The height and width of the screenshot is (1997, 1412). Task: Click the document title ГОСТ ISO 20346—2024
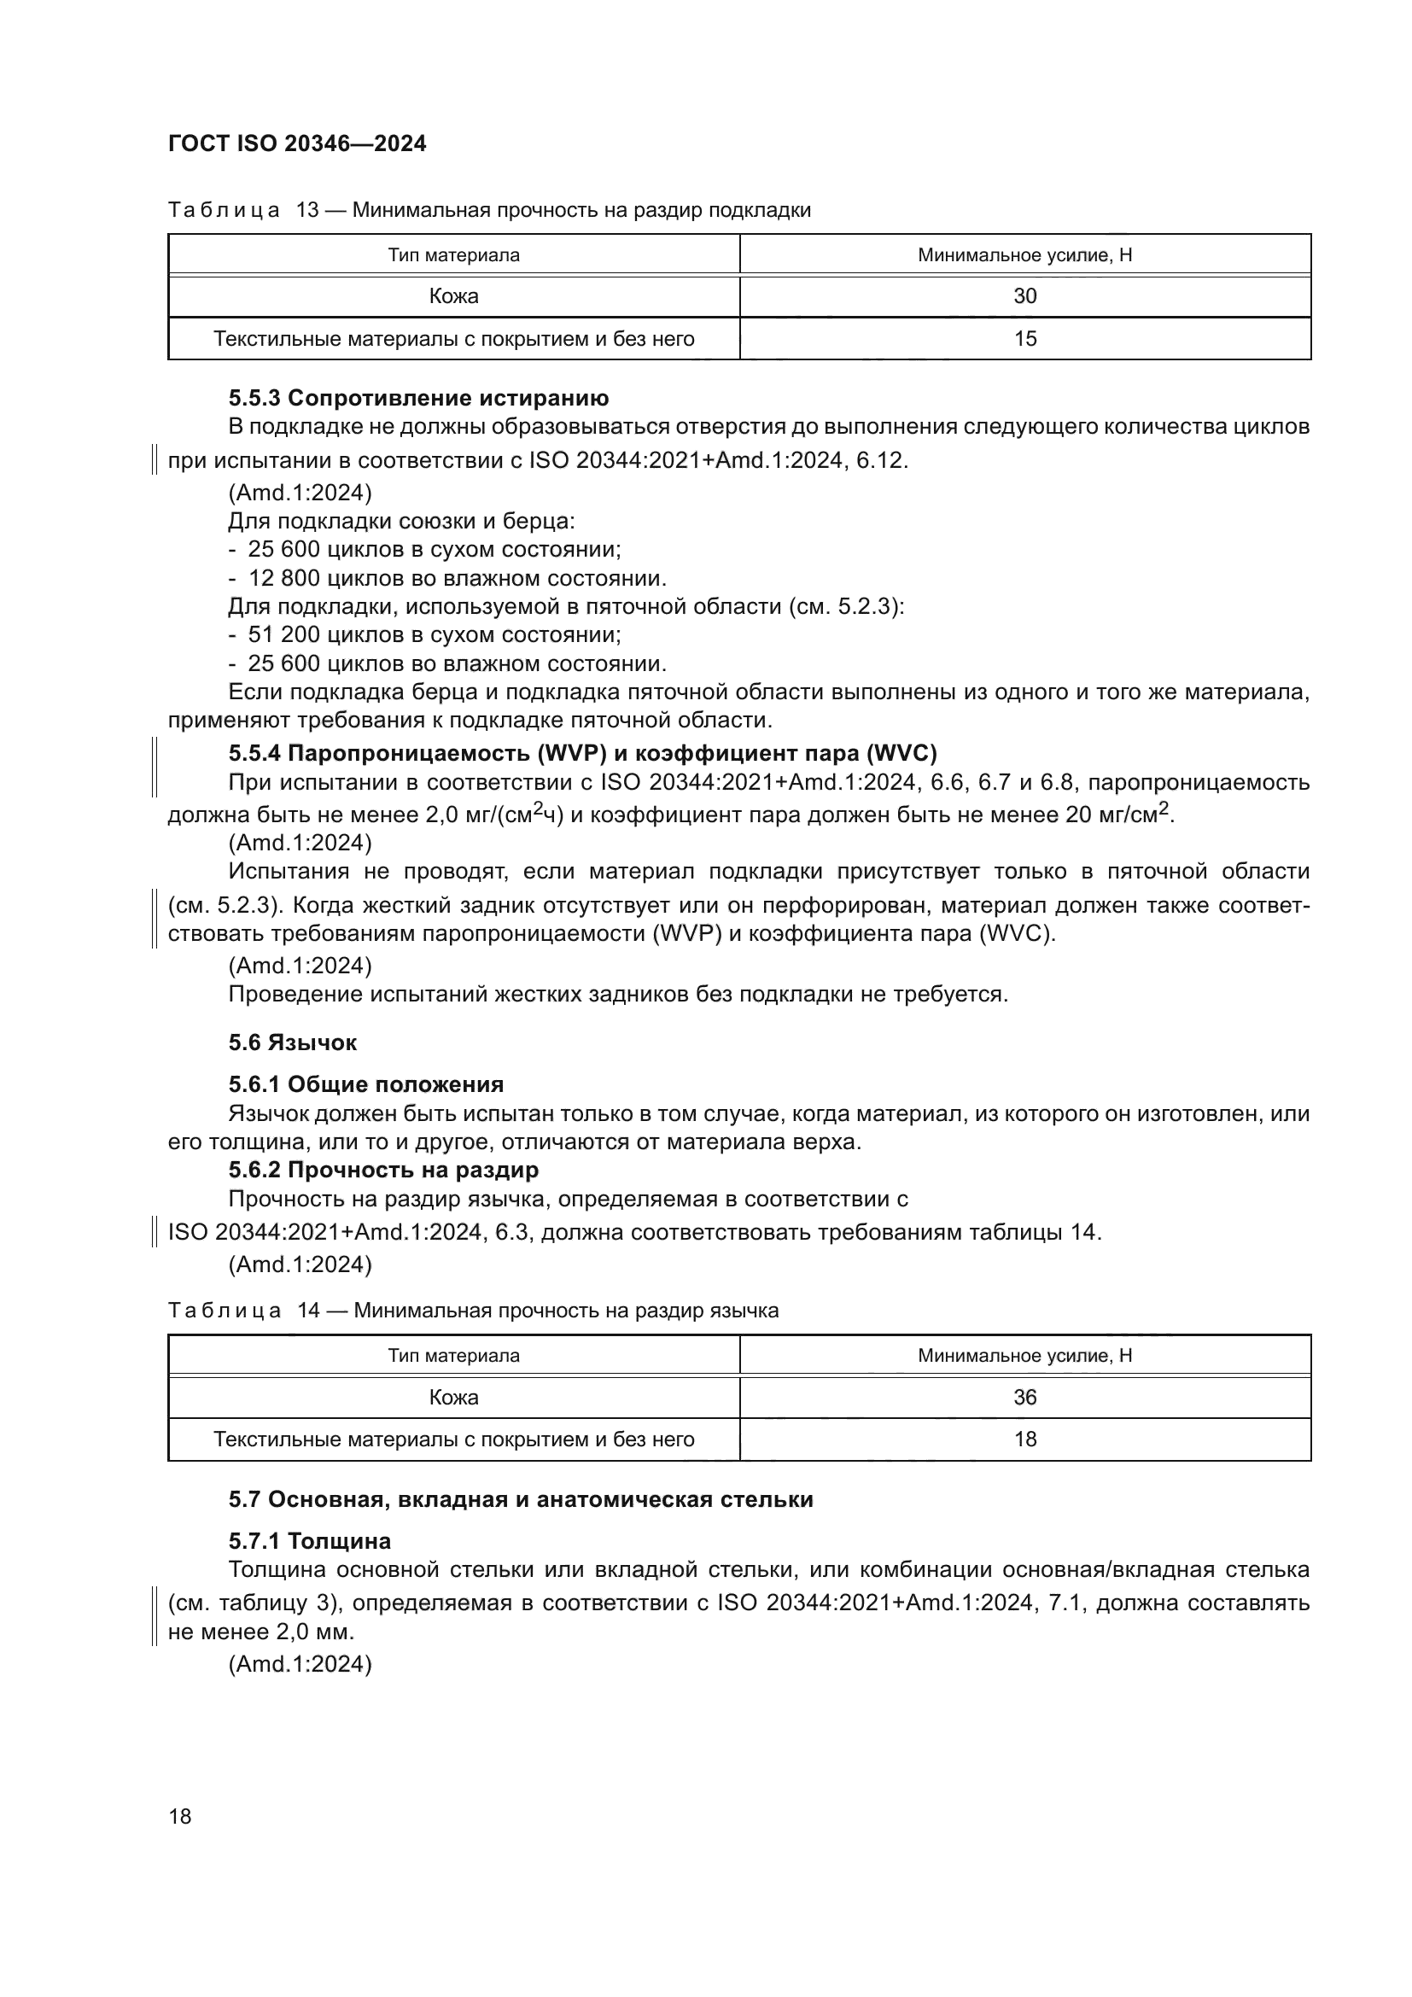pyautogui.click(x=296, y=143)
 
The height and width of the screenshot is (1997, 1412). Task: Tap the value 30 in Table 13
pyautogui.click(x=1024, y=296)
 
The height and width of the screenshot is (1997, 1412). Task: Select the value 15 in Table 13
pyautogui.click(x=1024, y=339)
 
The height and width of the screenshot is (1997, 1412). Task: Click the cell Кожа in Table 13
pyautogui.click(x=453, y=296)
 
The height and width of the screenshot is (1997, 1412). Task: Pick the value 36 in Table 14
pyautogui.click(x=1024, y=1397)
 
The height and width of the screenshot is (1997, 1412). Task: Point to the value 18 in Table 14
pyautogui.click(x=1024, y=1439)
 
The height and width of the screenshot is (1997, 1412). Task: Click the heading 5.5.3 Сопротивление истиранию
pyautogui.click(x=418, y=399)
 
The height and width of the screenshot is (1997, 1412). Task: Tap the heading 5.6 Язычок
pyautogui.click(x=292, y=1042)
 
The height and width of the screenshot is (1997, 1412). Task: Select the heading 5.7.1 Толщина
pyautogui.click(x=310, y=1541)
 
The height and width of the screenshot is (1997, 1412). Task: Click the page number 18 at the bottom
pyautogui.click(x=180, y=1816)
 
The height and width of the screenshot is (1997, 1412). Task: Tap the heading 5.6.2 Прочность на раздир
pyautogui.click(x=383, y=1170)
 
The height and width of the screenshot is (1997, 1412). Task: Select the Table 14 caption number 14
pyautogui.click(x=308, y=1311)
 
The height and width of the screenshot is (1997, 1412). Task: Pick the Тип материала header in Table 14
pyautogui.click(x=453, y=1356)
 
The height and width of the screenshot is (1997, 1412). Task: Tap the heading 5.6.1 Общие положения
pyautogui.click(x=366, y=1084)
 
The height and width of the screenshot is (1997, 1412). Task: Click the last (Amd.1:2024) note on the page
pyautogui.click(x=299, y=1664)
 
